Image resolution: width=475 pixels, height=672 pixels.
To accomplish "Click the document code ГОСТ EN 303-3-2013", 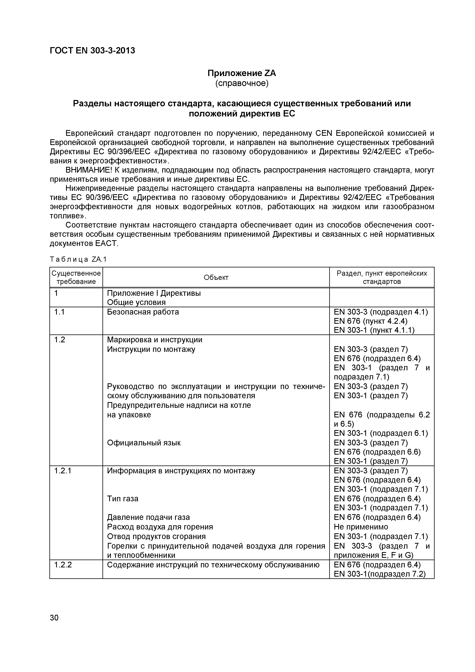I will click(93, 51).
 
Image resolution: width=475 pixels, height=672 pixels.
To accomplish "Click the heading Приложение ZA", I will click(242, 73).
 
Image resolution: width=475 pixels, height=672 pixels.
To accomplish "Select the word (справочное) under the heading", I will click(242, 83).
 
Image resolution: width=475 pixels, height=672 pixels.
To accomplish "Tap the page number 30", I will click(54, 618).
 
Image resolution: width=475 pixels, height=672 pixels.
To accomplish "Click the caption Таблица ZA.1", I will click(79, 259).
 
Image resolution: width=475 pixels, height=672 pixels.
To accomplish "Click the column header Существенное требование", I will click(76, 277).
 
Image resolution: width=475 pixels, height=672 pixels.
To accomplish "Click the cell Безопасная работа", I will click(143, 312).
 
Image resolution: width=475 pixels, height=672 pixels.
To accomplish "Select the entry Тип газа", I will click(123, 498).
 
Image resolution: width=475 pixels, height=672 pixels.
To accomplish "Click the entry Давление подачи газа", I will click(148, 517).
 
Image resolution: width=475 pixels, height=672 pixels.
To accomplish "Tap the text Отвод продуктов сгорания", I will click(156, 536).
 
